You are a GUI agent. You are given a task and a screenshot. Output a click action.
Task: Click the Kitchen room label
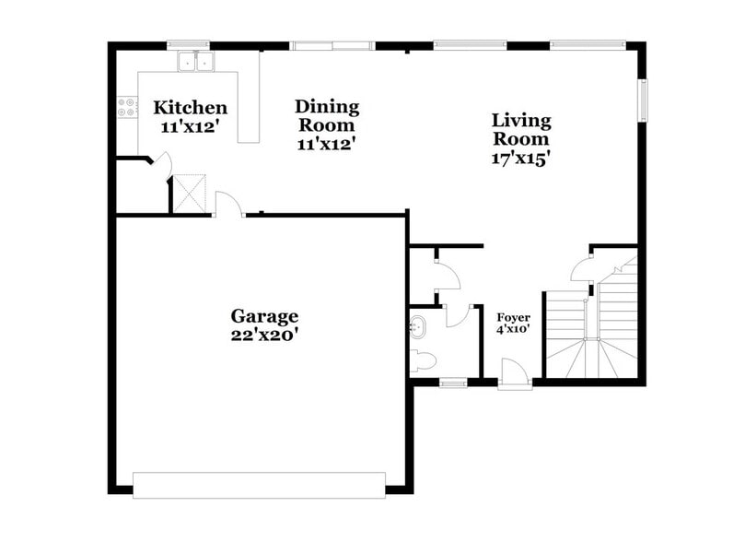point(190,108)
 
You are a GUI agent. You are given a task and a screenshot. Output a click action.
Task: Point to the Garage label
point(264,316)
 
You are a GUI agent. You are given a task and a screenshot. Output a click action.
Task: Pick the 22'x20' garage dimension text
point(264,336)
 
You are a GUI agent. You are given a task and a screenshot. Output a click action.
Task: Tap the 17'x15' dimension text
point(521,157)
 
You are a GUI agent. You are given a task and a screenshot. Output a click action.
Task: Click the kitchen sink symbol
point(194,63)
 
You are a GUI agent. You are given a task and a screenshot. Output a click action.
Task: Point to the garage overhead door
point(259,485)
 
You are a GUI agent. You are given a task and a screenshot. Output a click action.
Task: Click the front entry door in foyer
point(514,374)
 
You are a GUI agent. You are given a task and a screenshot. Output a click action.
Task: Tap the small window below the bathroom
point(451,383)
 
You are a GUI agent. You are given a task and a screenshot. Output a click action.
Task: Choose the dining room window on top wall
point(332,44)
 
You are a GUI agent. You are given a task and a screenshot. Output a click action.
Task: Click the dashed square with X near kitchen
point(192,194)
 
